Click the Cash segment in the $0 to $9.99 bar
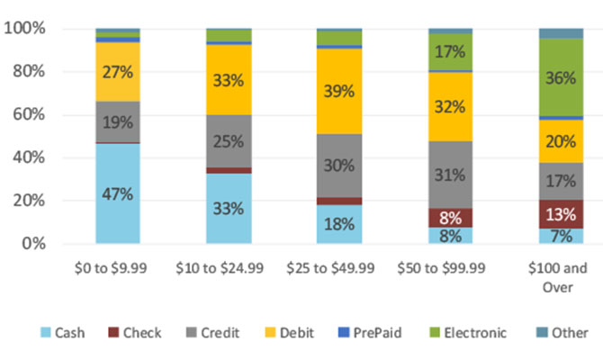(x=117, y=193)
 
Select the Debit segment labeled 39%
(x=339, y=91)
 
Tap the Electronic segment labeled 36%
(x=562, y=77)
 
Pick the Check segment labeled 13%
(x=562, y=213)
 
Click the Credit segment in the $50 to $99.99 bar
(x=450, y=175)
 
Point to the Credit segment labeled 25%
(x=229, y=140)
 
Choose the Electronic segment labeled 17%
(x=450, y=52)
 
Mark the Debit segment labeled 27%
(x=117, y=72)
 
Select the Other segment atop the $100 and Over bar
(x=562, y=33)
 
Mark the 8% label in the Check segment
(x=450, y=217)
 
